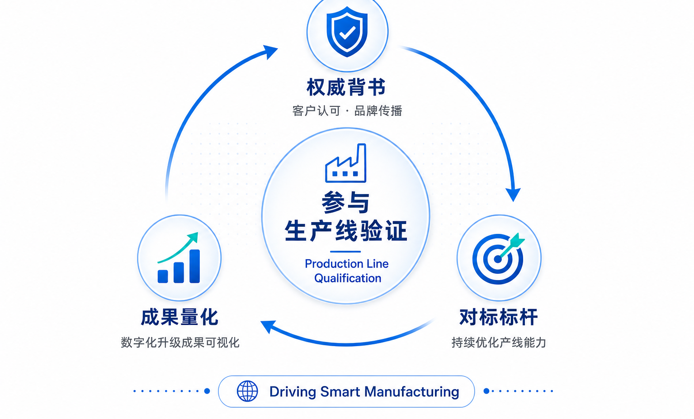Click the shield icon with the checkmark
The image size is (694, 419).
[x=347, y=32]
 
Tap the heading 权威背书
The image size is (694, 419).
[x=346, y=87]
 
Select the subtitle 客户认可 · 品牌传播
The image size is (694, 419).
[x=347, y=111]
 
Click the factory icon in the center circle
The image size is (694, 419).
[x=346, y=163]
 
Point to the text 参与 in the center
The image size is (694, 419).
[x=346, y=202]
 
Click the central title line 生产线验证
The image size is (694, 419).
[x=346, y=231]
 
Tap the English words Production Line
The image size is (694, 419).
[x=347, y=264]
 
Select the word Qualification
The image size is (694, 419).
[x=348, y=278]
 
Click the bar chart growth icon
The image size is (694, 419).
[x=179, y=258]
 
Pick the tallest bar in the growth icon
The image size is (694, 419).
[x=194, y=266]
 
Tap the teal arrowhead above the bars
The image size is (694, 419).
[x=193, y=237]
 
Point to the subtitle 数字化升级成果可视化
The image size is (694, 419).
[x=180, y=343]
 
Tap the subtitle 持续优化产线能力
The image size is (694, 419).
[x=499, y=343]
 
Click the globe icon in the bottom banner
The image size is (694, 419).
[x=247, y=391]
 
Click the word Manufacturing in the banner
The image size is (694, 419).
[x=412, y=392]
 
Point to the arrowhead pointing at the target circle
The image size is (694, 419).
[x=513, y=195]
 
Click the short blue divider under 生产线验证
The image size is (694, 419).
[x=345, y=252]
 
